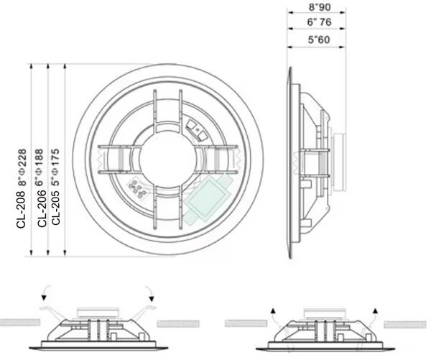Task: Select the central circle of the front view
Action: (x=167, y=159)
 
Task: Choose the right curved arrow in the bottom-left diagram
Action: (x=150, y=292)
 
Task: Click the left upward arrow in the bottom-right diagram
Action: (x=274, y=310)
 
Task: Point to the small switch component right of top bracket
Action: (x=195, y=129)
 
